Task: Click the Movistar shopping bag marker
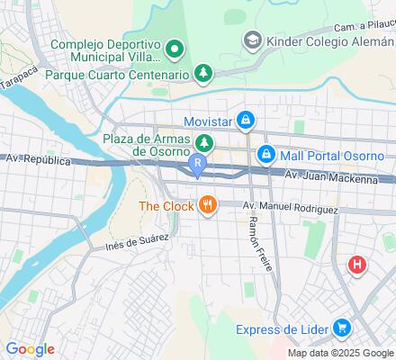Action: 246,120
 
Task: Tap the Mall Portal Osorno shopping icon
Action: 265,156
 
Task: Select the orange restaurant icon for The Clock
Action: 208,205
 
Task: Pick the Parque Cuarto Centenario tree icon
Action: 205,73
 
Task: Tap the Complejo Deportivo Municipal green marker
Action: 177,47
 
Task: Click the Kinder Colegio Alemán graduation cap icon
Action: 253,40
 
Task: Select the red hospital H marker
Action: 357,265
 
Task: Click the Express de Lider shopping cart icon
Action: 341,329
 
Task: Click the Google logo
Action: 31,349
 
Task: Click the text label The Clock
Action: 166,206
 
